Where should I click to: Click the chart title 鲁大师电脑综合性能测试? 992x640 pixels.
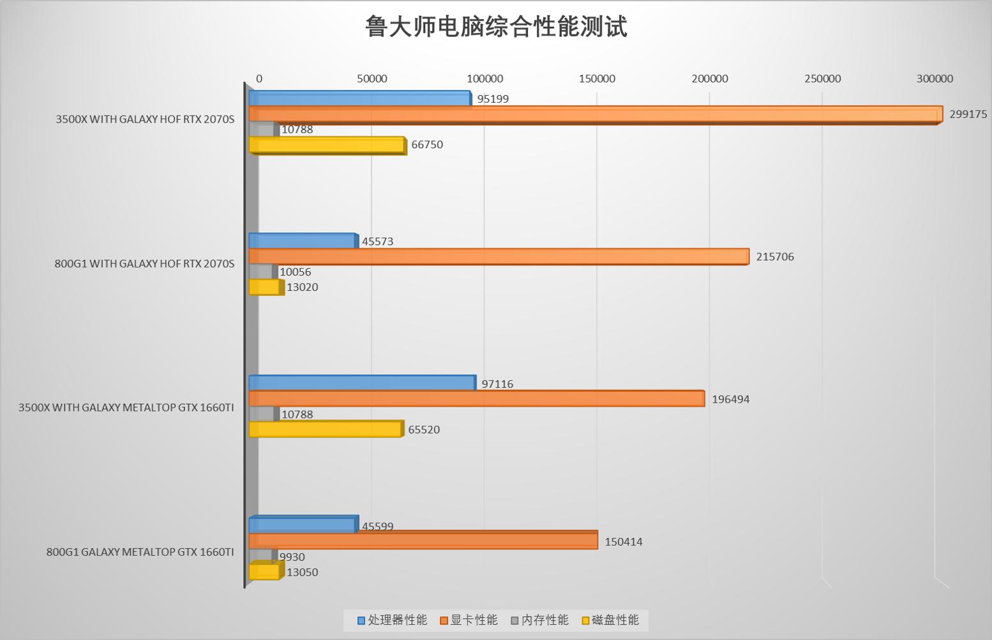pos(496,27)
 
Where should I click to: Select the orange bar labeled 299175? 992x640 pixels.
pos(594,115)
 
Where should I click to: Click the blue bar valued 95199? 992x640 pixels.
pos(359,99)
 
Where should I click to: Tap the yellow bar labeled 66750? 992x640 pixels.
pos(327,145)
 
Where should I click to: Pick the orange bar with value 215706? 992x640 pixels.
pos(498,257)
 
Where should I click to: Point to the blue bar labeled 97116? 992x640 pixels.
pos(362,383)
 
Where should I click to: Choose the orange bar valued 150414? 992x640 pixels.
pos(423,541)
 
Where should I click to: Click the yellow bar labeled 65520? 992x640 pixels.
pos(326,429)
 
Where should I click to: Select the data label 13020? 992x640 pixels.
pos(302,287)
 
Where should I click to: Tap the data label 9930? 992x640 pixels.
pos(292,557)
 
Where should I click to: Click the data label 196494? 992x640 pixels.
pos(730,399)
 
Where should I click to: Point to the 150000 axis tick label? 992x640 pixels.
pos(597,78)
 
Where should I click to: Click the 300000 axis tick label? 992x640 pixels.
pos(935,78)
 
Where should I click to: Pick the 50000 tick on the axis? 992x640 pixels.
pos(372,78)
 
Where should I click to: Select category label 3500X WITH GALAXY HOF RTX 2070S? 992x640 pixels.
pos(145,119)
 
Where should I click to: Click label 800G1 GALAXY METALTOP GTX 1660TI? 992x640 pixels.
pos(140,552)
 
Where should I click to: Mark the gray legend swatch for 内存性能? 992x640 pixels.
pos(515,621)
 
